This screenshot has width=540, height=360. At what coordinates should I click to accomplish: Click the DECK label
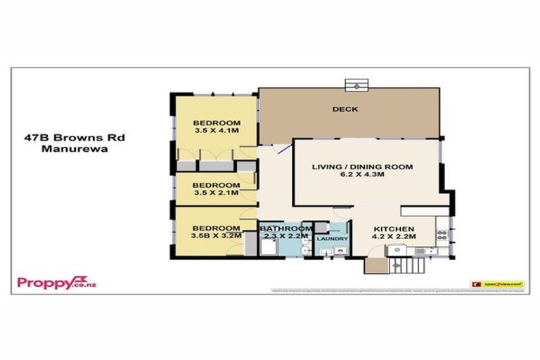(x=346, y=109)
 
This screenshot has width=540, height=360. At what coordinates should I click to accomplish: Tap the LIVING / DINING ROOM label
(x=363, y=167)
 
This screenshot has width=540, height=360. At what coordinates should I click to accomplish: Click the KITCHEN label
(x=394, y=229)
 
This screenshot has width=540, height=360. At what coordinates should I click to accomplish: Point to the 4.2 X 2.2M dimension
(x=394, y=238)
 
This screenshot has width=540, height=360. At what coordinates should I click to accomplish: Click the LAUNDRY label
(x=331, y=239)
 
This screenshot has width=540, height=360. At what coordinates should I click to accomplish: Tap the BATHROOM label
(x=286, y=229)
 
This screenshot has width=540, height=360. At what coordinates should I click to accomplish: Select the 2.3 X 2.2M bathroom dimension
(x=286, y=237)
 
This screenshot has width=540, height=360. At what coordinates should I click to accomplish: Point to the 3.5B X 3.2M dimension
(x=218, y=236)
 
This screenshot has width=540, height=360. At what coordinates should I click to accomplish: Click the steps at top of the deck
(x=356, y=84)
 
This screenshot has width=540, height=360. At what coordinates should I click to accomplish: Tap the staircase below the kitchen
(x=408, y=266)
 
